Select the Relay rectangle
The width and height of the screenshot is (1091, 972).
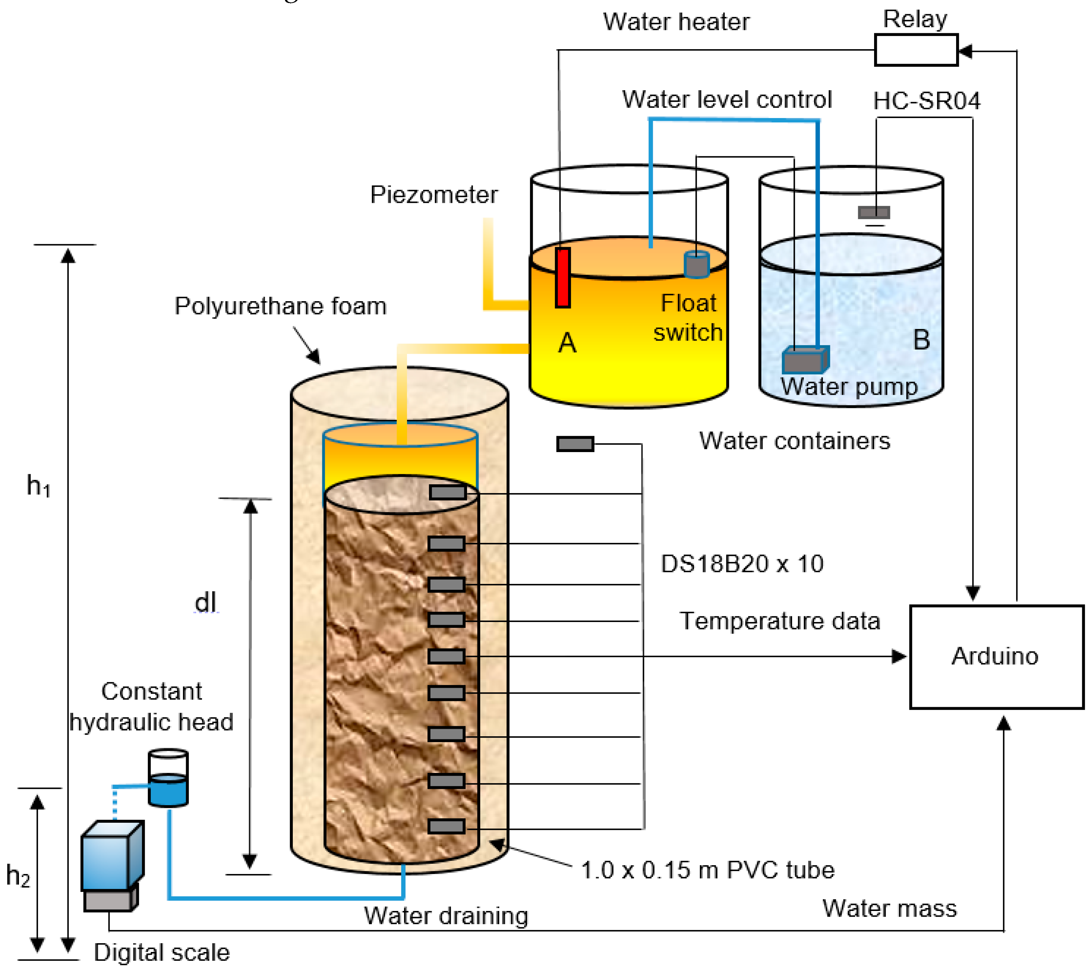[915, 50]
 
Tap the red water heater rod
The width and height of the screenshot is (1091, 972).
[563, 278]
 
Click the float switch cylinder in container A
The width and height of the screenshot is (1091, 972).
[696, 264]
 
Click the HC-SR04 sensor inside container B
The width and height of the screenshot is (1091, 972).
[874, 213]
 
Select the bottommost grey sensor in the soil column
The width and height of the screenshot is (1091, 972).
[446, 826]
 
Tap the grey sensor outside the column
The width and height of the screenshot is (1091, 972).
[575, 444]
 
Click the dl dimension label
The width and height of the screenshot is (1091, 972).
[205, 602]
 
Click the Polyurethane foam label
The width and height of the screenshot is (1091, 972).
[280, 306]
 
